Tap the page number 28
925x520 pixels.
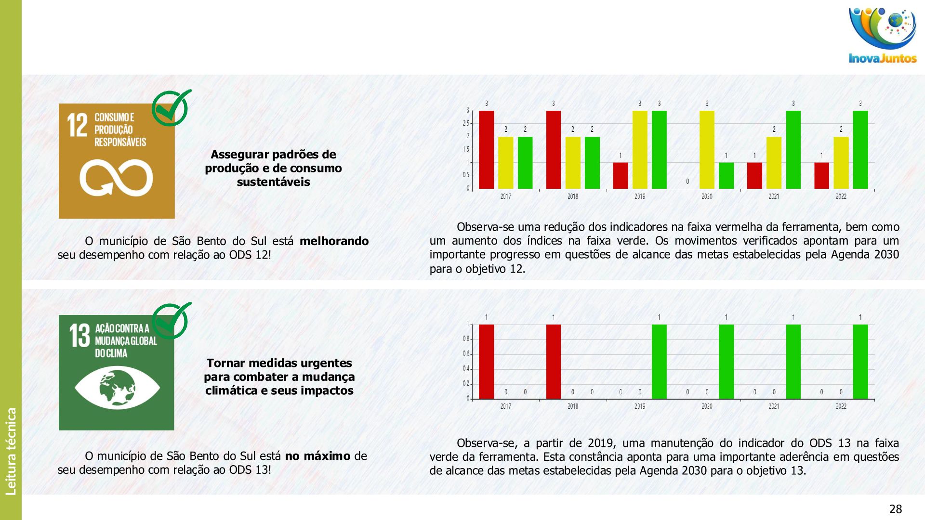[895, 509]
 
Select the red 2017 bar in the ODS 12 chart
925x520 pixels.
[486, 150]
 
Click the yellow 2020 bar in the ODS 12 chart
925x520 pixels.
[707, 150]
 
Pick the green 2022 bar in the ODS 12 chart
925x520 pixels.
[860, 150]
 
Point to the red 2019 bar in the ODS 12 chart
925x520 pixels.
[621, 176]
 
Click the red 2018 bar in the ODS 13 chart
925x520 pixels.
[554, 362]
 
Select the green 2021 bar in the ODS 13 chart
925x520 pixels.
[793, 362]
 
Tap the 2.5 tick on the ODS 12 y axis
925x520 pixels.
[466, 124]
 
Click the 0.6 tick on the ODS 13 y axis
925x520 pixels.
[466, 354]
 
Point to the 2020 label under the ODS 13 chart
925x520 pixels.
[707, 406]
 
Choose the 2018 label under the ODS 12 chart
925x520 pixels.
[573, 196]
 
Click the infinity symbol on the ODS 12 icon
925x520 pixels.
[116, 178]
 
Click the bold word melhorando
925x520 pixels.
[334, 241]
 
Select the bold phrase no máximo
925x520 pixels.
[317, 456]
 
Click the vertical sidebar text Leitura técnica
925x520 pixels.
[11, 451]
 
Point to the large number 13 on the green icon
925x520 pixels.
[79, 336]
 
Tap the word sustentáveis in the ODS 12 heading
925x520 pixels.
[273, 182]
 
